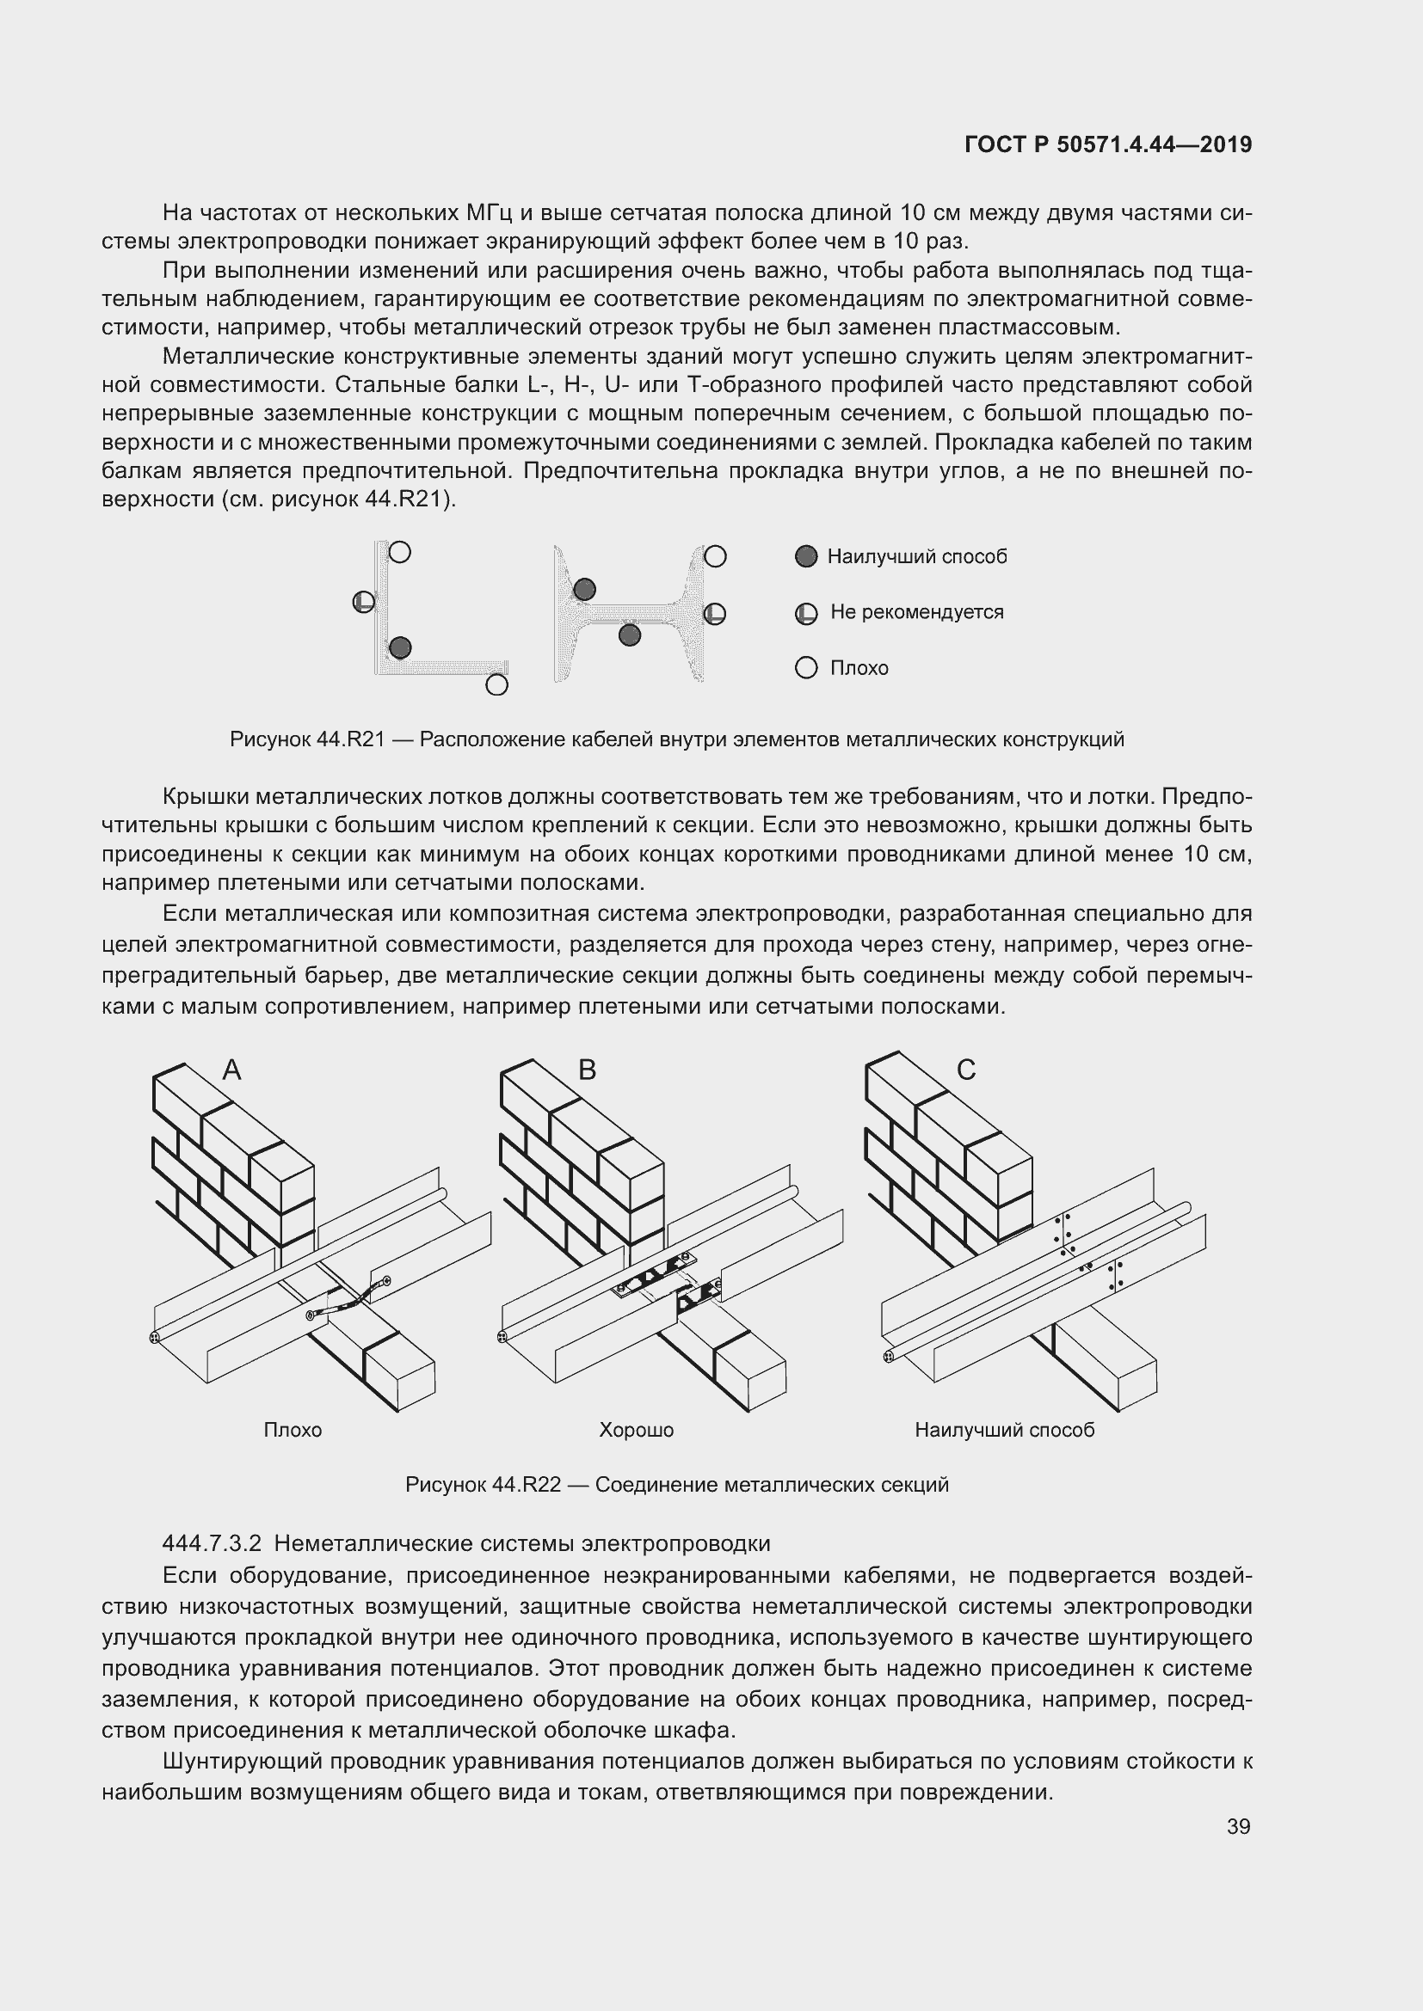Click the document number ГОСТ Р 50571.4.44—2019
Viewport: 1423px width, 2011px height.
pos(1107,144)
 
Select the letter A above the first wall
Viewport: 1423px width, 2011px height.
pos(231,1070)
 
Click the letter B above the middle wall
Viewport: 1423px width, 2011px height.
pos(587,1070)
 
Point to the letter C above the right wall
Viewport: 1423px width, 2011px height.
pos(965,1070)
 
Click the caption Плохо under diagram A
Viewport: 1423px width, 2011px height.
pos(293,1431)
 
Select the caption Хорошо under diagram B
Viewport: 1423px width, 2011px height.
pos(636,1431)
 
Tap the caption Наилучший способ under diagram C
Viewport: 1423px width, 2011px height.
pos(1004,1431)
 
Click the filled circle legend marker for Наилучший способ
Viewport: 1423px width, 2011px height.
pos(806,556)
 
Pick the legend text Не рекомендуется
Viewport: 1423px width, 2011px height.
pos(916,612)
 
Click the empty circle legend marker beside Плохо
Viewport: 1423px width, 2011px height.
pos(806,668)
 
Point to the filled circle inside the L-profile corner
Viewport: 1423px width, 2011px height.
pos(399,647)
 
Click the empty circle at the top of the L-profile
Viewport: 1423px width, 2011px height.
pos(399,552)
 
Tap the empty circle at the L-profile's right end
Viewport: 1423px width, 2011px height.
pos(496,684)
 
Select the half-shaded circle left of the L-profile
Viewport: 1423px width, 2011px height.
pos(364,602)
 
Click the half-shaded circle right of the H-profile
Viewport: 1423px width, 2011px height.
pos(715,613)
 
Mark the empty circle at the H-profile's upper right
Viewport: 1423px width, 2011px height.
pos(715,556)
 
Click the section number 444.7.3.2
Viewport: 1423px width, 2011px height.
pos(212,1543)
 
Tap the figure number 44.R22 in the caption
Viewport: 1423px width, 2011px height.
pos(526,1485)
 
